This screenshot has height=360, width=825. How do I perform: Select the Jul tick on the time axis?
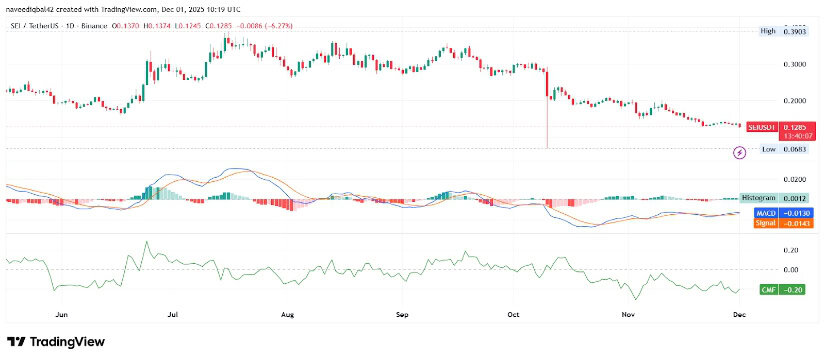pyautogui.click(x=173, y=313)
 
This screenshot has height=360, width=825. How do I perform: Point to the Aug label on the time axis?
pyautogui.click(x=288, y=313)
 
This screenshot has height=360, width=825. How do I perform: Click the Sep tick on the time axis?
pyautogui.click(x=402, y=313)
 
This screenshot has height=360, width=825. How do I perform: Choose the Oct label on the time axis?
pyautogui.click(x=514, y=313)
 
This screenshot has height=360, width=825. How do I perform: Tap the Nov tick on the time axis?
pyautogui.click(x=628, y=313)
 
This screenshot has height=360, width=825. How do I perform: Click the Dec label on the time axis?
pyautogui.click(x=738, y=313)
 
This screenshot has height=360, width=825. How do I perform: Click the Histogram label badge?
pyautogui.click(x=758, y=200)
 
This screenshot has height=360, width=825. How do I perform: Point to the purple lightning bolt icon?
pyautogui.click(x=739, y=152)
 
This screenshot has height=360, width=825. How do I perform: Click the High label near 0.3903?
pyautogui.click(x=768, y=31)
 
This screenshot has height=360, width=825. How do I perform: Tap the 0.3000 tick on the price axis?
pyautogui.click(x=795, y=65)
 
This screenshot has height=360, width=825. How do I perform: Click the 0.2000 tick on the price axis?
pyautogui.click(x=795, y=101)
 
